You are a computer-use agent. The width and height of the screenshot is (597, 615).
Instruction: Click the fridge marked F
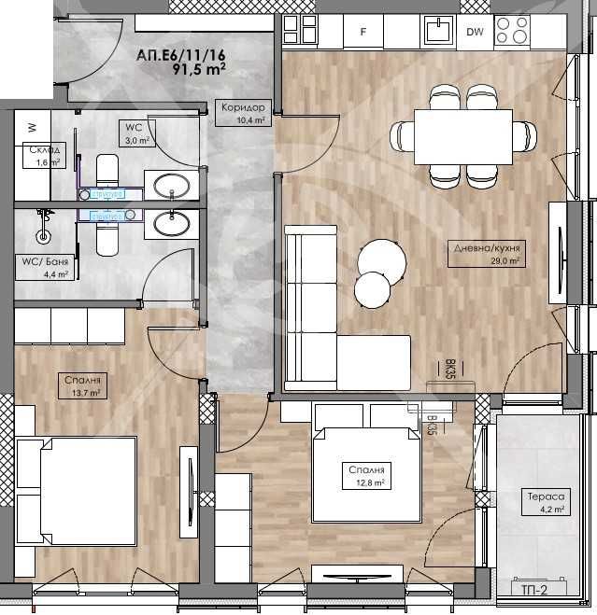point(364,32)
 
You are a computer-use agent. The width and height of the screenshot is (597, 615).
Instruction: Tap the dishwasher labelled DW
point(475,32)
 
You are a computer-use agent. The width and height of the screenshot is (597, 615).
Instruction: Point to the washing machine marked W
point(32,127)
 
